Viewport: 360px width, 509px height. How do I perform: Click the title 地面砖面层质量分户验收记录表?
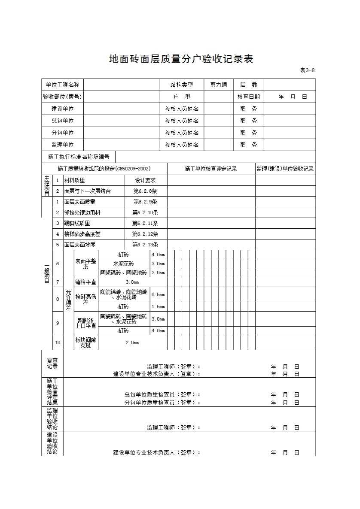coord(181,59)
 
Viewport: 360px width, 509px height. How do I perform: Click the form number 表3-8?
coord(307,71)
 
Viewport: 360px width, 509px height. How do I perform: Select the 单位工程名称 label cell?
coord(63,85)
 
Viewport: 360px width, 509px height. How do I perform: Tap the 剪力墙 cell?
coord(218,85)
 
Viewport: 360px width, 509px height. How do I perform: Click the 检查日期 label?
coord(248,97)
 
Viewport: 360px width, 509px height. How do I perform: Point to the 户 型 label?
coord(182,97)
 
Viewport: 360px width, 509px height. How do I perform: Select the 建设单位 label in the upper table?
coord(63,109)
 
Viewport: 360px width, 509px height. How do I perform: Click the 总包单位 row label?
coord(63,121)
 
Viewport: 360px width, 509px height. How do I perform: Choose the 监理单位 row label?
coord(63,145)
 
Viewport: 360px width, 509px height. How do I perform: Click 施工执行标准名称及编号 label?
coord(79,157)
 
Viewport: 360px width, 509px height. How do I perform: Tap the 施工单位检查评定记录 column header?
coord(211,169)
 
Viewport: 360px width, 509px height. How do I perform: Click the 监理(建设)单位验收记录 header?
coord(285,169)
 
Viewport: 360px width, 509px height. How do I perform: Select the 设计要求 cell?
coord(145,181)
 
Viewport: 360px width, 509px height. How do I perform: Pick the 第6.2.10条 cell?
coord(145,212)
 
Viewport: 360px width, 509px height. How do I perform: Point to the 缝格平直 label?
coord(86,282)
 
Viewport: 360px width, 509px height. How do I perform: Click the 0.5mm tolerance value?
coord(158,295)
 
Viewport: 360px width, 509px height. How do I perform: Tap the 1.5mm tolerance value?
coord(158,307)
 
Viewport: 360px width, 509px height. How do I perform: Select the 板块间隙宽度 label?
coord(86,342)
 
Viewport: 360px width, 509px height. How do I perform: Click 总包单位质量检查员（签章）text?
coord(162,394)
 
